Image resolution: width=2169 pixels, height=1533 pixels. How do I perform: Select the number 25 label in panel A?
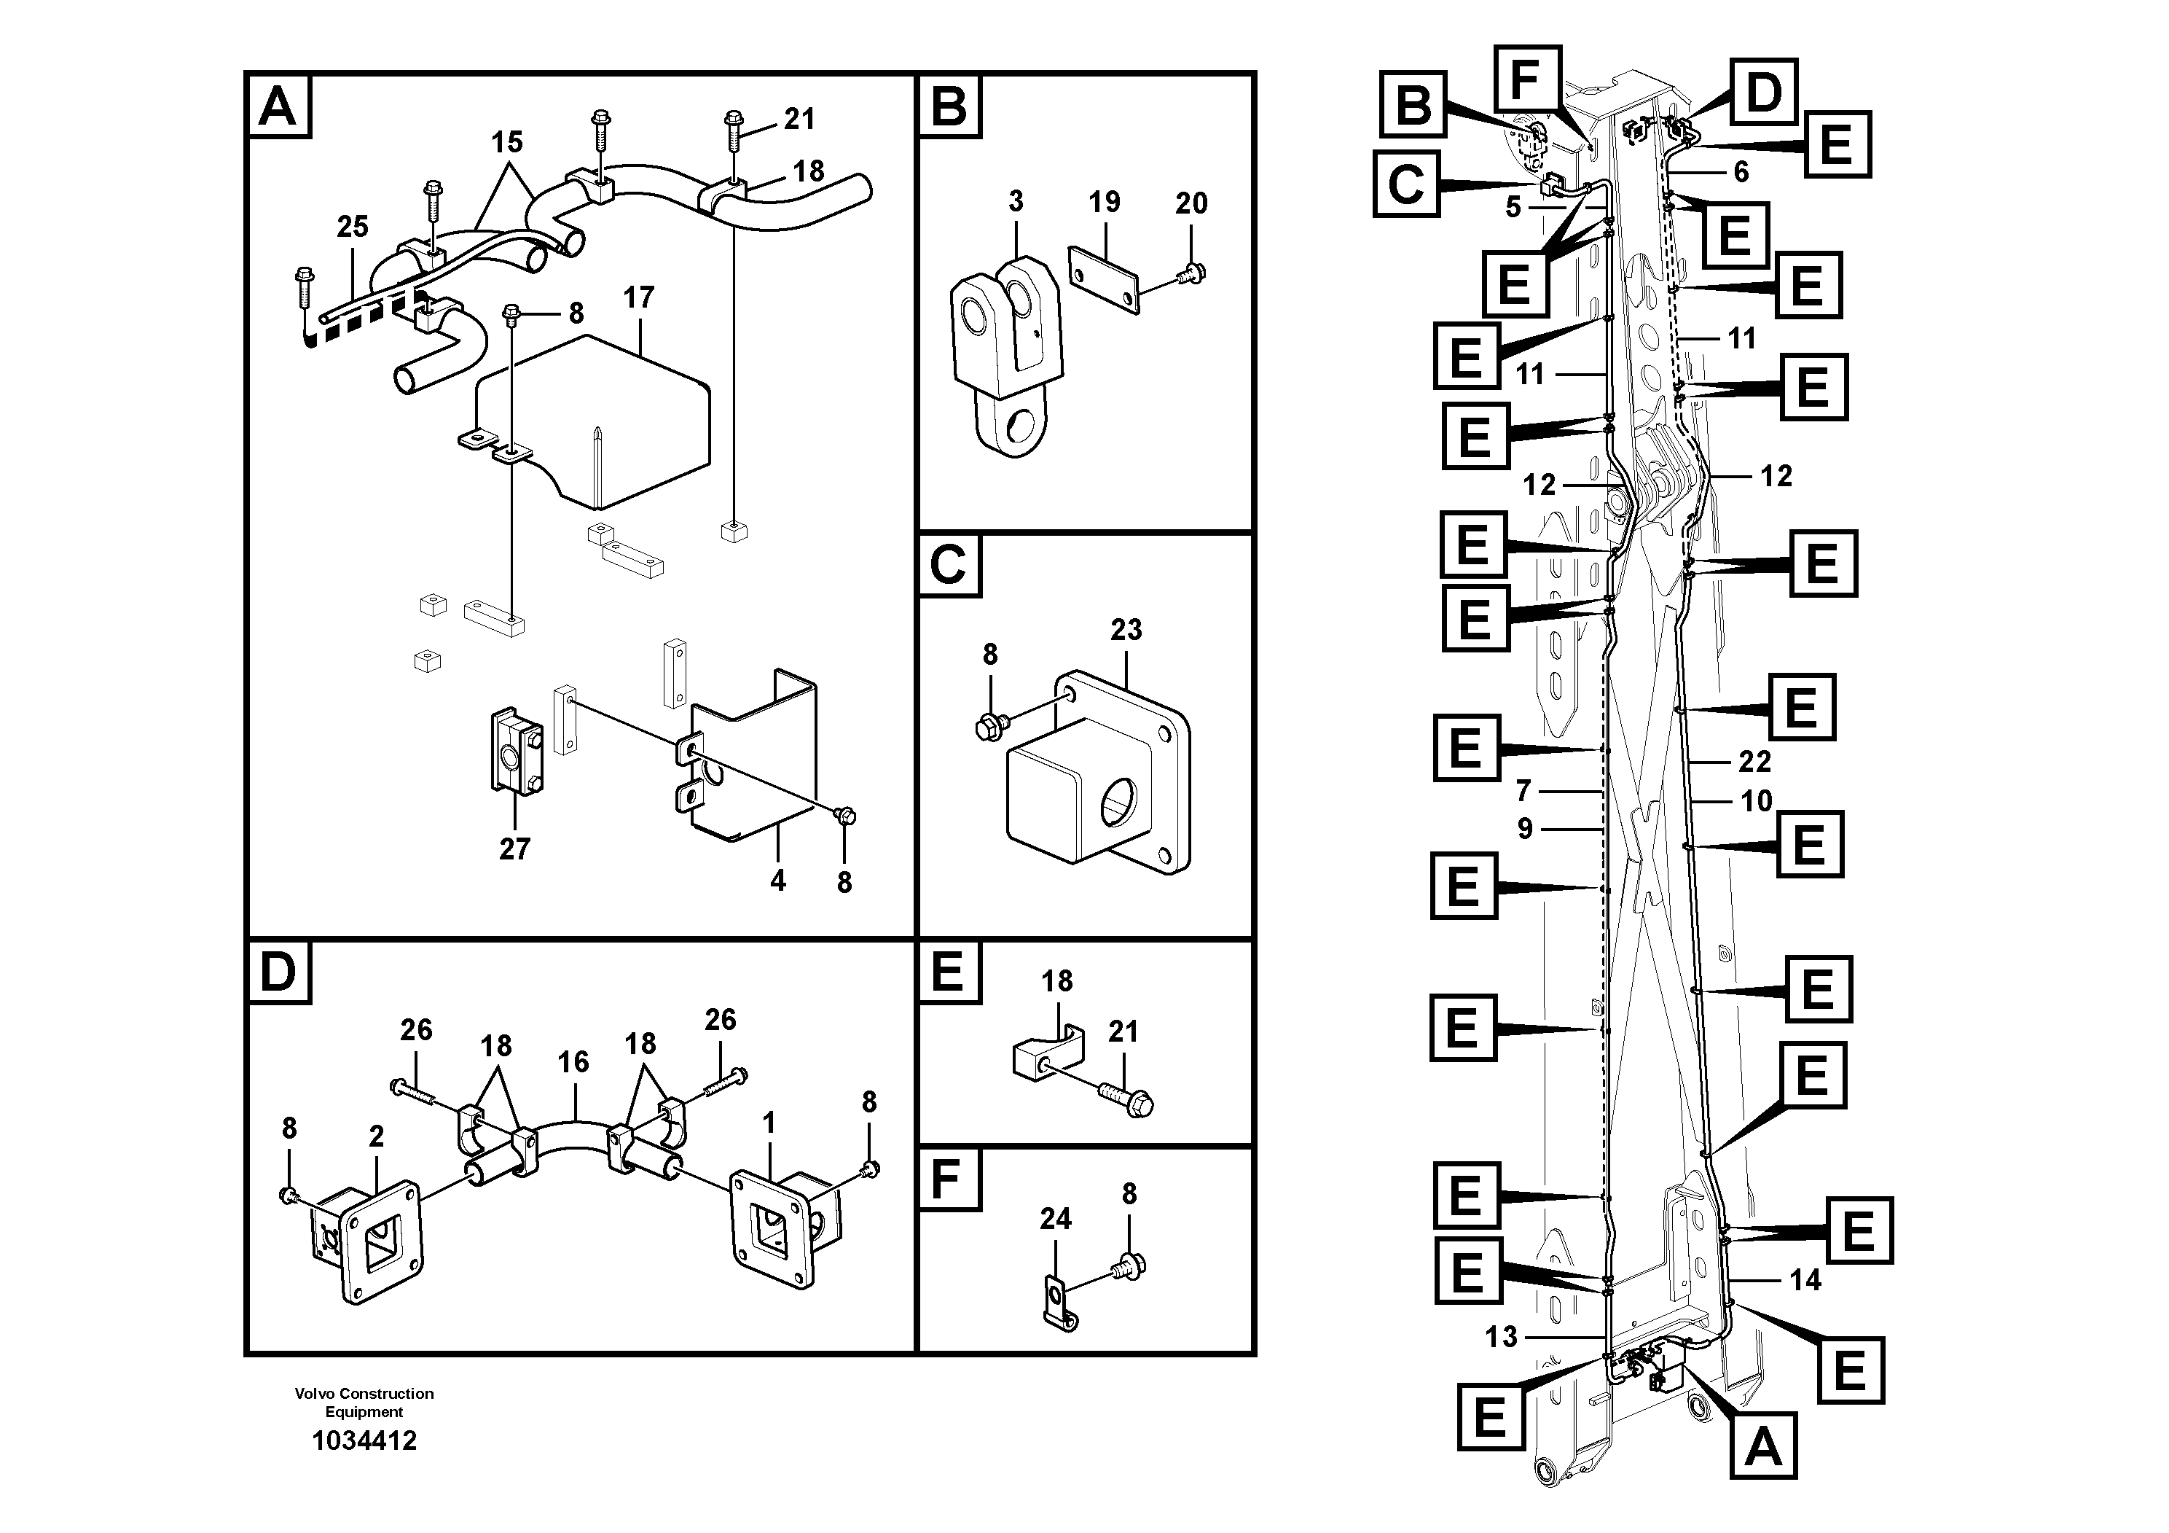[353, 227]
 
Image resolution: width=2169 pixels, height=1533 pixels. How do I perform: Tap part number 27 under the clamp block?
[515, 849]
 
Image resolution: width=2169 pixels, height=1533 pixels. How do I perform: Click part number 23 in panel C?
[1126, 630]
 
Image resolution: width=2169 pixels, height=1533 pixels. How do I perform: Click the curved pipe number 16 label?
[573, 1062]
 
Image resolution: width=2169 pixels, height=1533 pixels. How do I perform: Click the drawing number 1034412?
[364, 1441]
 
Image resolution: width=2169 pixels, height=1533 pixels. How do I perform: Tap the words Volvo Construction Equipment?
[364, 1403]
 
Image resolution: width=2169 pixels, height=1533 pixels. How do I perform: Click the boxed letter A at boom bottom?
[1762, 1447]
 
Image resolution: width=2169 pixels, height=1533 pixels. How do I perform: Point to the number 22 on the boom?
[1754, 762]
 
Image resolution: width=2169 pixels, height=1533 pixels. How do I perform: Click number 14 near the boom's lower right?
[1805, 1281]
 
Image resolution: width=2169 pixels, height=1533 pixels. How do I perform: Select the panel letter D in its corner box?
[278, 972]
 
